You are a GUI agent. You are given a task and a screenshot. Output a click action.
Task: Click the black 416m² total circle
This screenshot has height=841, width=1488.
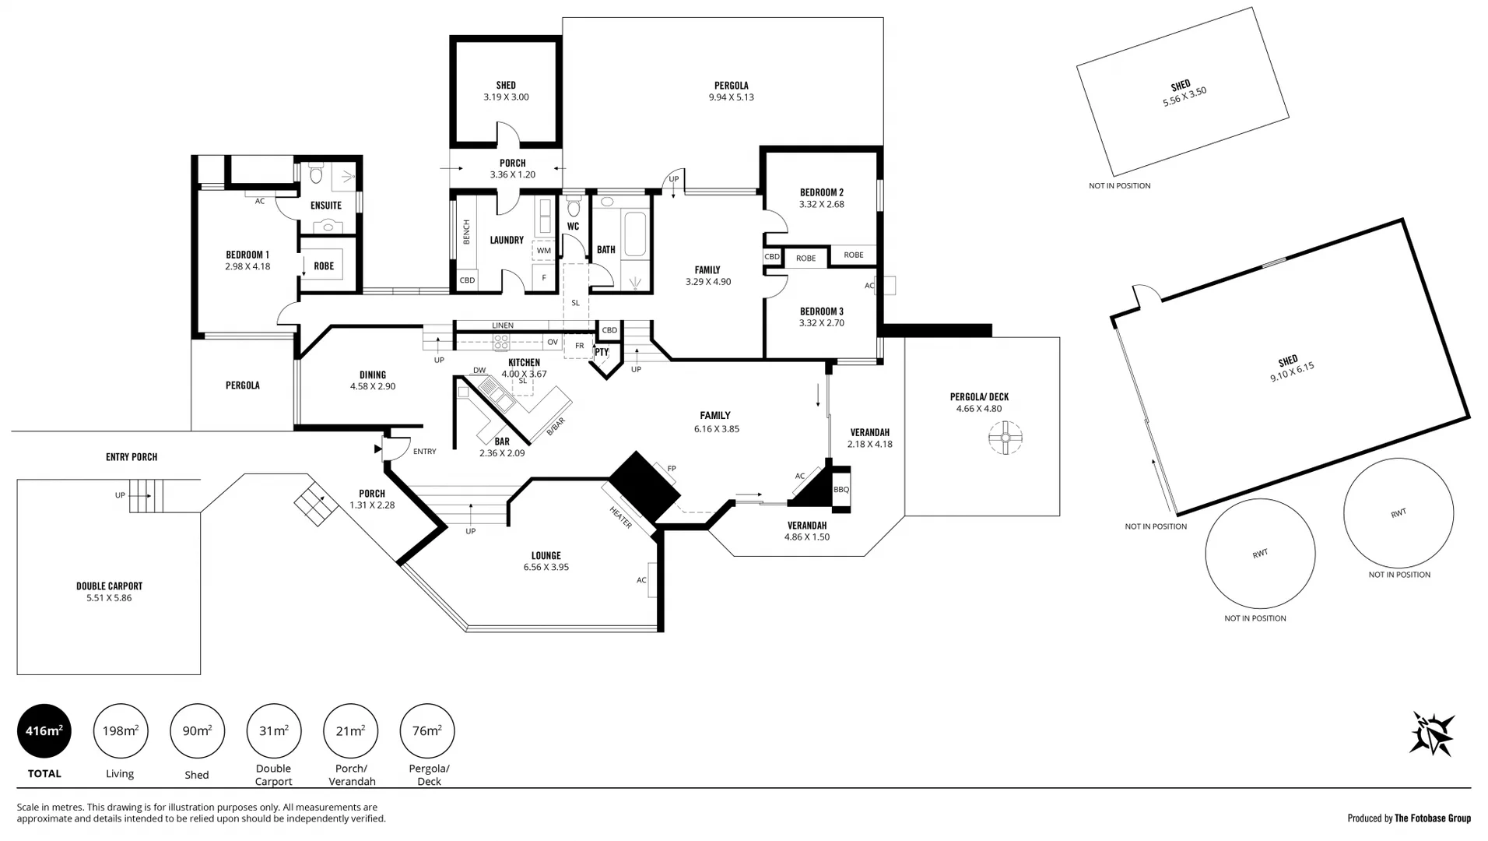(44, 730)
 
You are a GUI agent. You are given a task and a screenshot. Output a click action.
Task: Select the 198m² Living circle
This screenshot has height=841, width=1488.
(121, 730)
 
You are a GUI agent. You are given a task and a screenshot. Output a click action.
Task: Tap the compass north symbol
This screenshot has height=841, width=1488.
(1431, 734)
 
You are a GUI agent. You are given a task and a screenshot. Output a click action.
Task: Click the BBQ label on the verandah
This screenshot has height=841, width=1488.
(841, 490)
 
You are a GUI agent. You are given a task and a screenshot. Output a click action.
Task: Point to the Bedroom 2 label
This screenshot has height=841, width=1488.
(821, 192)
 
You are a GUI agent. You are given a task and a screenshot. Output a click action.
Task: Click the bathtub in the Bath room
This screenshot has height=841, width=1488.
(634, 232)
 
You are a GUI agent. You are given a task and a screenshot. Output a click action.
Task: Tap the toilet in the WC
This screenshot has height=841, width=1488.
(574, 208)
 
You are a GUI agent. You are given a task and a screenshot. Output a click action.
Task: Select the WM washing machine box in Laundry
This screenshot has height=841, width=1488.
(543, 251)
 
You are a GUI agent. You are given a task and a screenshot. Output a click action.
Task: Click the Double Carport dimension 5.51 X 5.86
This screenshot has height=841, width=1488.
(109, 598)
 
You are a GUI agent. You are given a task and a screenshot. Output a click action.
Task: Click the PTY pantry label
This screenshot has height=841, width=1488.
(602, 353)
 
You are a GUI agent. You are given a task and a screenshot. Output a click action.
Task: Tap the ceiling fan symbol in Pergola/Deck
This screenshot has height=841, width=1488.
(1005, 438)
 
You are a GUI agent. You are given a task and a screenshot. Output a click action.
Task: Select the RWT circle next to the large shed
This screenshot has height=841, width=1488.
(1398, 513)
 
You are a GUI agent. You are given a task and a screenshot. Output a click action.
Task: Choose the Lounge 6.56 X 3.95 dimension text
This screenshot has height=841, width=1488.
(546, 568)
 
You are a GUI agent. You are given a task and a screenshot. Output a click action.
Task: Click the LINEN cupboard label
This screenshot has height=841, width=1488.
(502, 325)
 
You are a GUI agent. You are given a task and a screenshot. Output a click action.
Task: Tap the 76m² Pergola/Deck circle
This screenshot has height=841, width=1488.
(426, 730)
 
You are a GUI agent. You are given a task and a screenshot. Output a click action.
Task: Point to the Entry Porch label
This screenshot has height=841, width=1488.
(132, 457)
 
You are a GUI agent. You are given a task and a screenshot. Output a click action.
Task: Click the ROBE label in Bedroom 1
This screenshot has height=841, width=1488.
(324, 266)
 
